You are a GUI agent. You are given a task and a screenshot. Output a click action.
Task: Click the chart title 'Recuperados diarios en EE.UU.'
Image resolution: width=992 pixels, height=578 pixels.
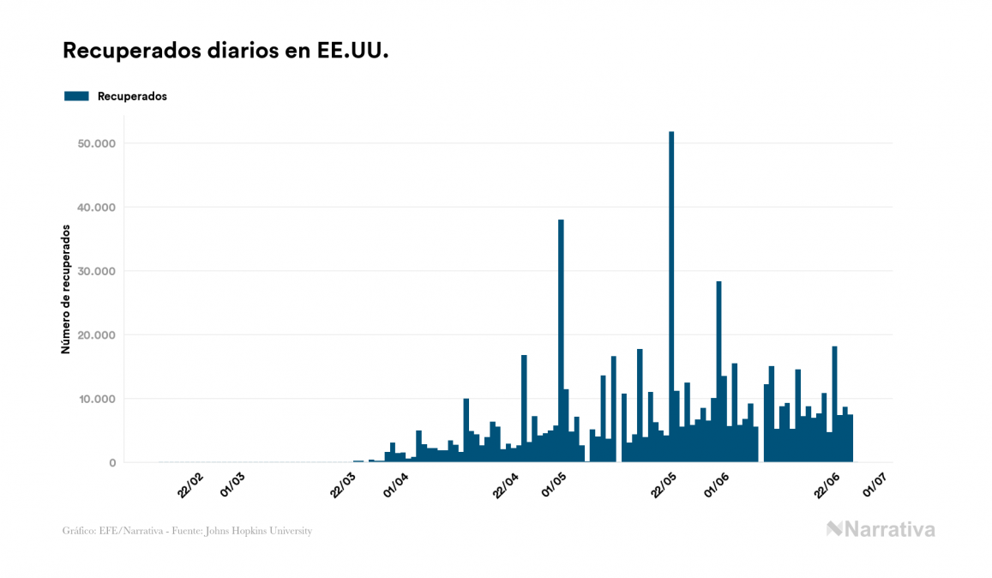(225, 51)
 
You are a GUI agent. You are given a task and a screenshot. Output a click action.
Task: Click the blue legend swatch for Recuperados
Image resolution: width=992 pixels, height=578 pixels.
(76, 96)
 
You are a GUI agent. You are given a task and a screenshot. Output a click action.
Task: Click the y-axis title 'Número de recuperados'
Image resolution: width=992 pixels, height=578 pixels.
(65, 289)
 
